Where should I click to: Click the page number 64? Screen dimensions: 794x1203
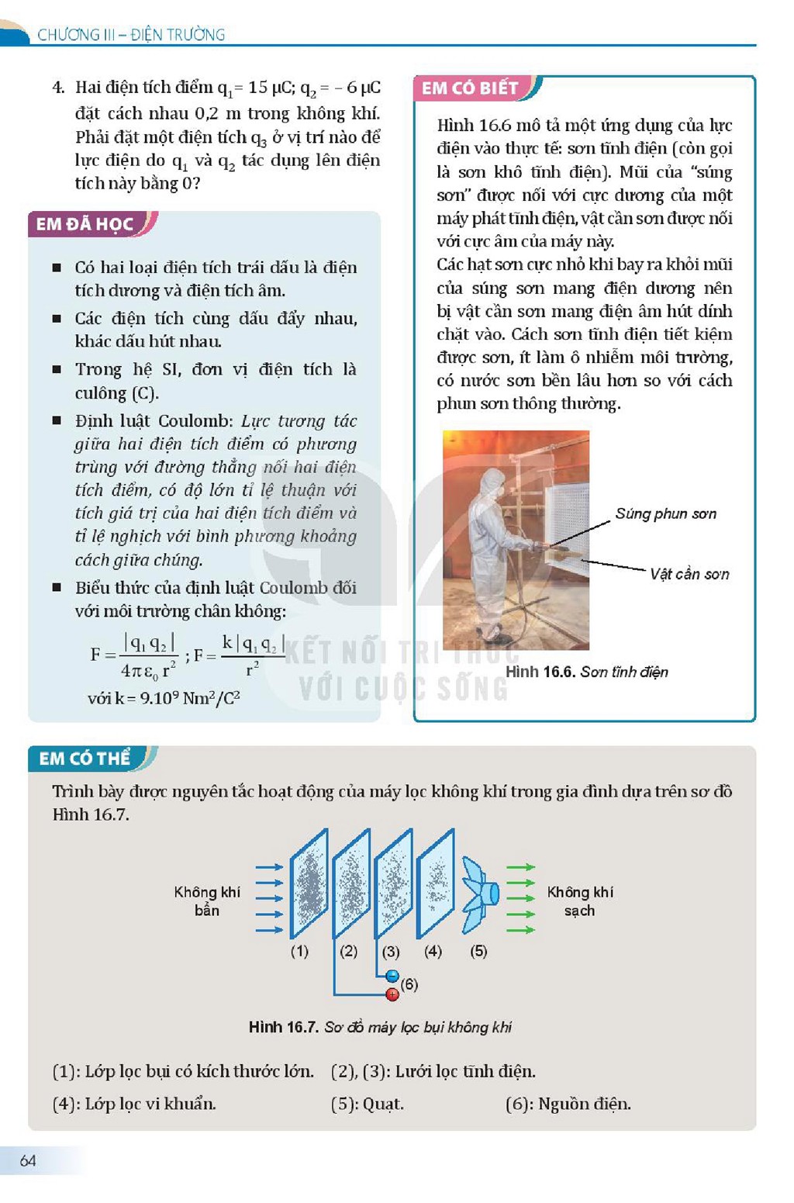point(28,1161)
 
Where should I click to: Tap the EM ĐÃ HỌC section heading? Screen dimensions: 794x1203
point(85,224)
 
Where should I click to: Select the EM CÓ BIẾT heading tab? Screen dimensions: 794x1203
point(470,88)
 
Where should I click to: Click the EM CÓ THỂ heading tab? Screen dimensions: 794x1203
point(85,759)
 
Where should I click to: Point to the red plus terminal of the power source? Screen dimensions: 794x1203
point(392,994)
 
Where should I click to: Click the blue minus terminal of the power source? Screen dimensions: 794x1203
point(392,976)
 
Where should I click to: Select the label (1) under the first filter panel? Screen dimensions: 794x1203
point(299,952)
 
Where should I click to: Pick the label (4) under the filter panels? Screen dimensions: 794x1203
point(433,952)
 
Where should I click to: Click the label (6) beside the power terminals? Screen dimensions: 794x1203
point(409,984)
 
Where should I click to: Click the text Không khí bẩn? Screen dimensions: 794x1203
point(207,901)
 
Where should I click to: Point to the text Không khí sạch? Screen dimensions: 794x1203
point(580,901)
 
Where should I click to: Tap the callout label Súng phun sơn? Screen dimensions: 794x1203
point(666,514)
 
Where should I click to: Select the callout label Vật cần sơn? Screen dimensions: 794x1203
point(689,574)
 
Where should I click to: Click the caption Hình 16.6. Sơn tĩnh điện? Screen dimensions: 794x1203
point(587,672)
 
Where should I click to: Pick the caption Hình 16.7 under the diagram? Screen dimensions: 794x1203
point(380,1028)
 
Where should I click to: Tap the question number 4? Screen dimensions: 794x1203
point(58,88)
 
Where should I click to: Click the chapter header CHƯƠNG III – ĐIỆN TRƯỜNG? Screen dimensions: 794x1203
point(131,35)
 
